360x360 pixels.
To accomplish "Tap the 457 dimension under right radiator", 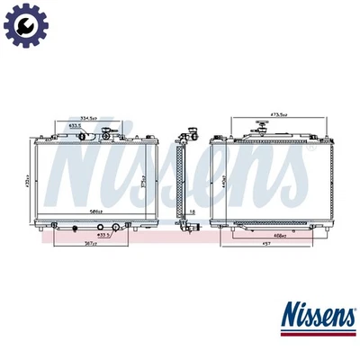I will tap(267, 243).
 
